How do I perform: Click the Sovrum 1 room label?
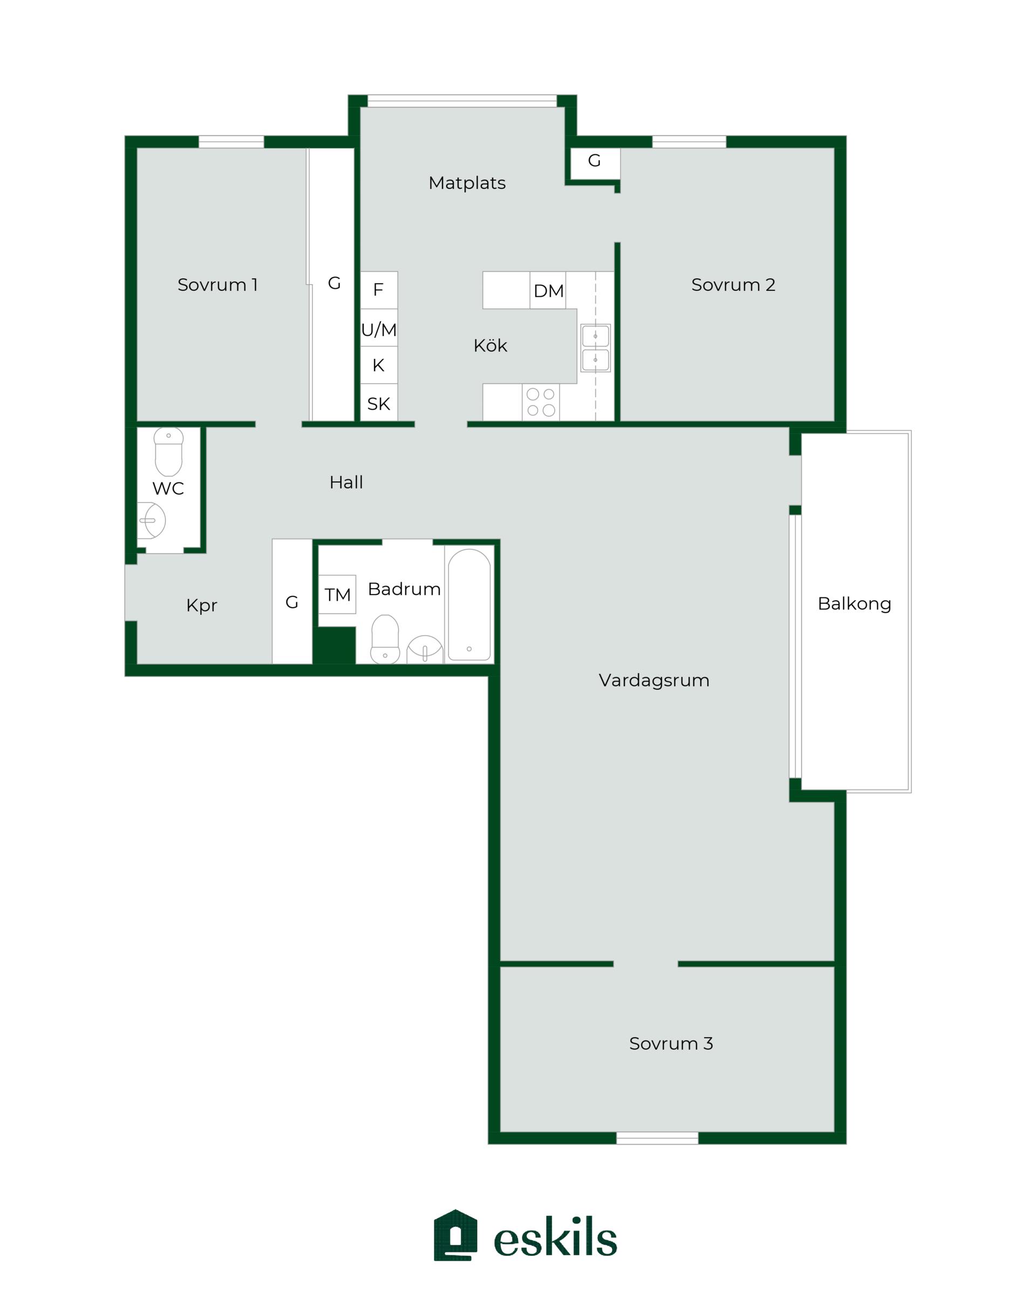click(217, 284)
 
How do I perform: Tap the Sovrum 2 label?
click(733, 284)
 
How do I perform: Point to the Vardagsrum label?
click(654, 680)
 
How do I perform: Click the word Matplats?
click(467, 182)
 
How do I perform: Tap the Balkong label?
click(854, 604)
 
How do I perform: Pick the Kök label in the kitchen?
click(490, 345)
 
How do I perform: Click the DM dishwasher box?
click(548, 290)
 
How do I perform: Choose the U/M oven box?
click(379, 328)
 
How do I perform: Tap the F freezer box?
click(379, 290)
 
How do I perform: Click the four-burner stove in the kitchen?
click(541, 403)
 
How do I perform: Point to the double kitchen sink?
click(595, 348)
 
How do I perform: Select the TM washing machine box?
click(337, 594)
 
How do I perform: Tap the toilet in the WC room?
click(169, 452)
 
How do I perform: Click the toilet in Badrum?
click(385, 640)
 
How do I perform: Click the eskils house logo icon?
click(455, 1235)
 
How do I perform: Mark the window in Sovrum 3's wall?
click(657, 1138)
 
